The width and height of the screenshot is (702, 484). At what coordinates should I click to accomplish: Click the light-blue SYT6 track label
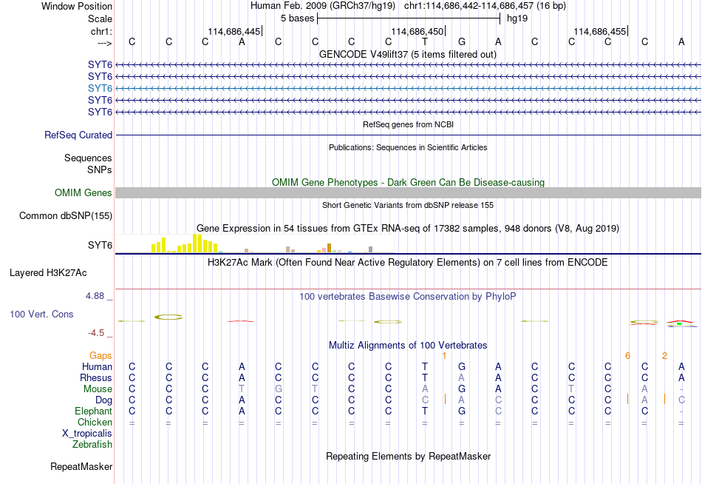[x=100, y=88]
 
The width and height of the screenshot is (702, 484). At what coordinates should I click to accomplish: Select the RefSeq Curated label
[x=78, y=135]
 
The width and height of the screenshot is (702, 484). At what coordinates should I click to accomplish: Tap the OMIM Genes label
[x=84, y=193]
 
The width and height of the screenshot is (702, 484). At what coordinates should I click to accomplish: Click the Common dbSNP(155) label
[x=66, y=216]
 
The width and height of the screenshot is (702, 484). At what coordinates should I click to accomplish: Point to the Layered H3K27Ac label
[x=48, y=273]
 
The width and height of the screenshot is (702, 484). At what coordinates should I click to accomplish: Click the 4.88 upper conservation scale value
[x=95, y=296]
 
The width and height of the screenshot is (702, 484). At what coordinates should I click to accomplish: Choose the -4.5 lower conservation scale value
[x=96, y=333]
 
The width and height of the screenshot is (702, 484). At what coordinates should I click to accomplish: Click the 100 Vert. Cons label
[x=41, y=314]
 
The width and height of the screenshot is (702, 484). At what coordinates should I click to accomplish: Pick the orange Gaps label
[x=100, y=356]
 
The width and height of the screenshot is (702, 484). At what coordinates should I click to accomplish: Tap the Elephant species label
[x=93, y=411]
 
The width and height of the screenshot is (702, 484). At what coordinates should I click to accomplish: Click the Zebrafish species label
[x=92, y=445]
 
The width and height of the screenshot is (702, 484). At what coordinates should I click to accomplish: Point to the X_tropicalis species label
[x=87, y=434]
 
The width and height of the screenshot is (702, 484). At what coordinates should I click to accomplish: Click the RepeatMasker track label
[x=81, y=466]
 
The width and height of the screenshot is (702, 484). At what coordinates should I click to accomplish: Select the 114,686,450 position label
[x=418, y=31]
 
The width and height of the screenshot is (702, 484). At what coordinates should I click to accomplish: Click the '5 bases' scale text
[x=298, y=19]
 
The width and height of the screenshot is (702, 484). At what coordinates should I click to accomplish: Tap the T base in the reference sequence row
[x=425, y=41]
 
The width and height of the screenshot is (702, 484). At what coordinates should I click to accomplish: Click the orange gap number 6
[x=627, y=356]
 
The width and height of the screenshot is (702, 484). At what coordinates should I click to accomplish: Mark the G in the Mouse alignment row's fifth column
[x=279, y=389]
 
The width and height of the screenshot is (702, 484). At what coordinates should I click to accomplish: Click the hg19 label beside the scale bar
[x=517, y=19]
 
